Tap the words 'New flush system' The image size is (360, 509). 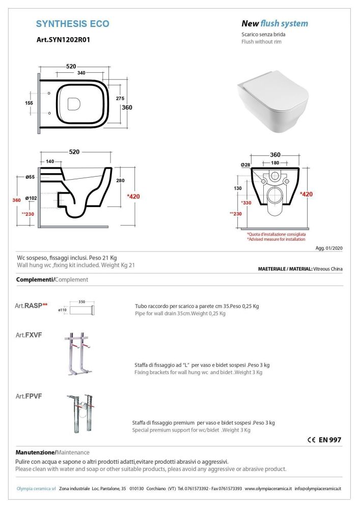click(274, 23)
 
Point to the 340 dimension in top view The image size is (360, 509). click(81, 73)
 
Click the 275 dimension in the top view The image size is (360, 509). click(121, 98)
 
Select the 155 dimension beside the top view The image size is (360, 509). click(29, 103)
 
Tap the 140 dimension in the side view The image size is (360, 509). click(50, 161)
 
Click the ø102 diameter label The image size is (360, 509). click(31, 199)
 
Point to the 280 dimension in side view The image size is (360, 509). click(120, 181)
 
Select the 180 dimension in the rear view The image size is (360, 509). click(274, 162)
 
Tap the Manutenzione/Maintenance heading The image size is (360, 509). click(53, 452)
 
